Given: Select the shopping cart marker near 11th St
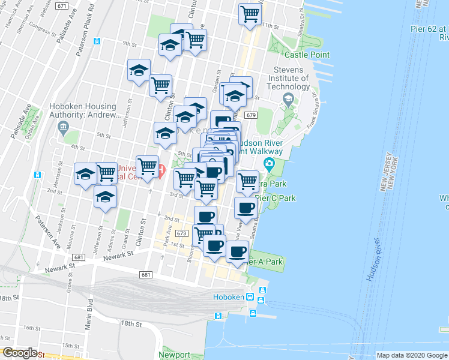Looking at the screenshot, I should (250, 14).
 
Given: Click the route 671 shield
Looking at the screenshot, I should (61, 5).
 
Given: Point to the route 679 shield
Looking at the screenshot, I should (251, 115).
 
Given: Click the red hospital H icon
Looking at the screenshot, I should (162, 171).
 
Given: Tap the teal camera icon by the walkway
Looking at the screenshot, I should (268, 164).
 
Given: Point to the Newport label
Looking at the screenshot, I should (175, 355).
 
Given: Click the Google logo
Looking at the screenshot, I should (20, 353).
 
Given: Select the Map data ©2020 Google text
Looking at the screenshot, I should (412, 355).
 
